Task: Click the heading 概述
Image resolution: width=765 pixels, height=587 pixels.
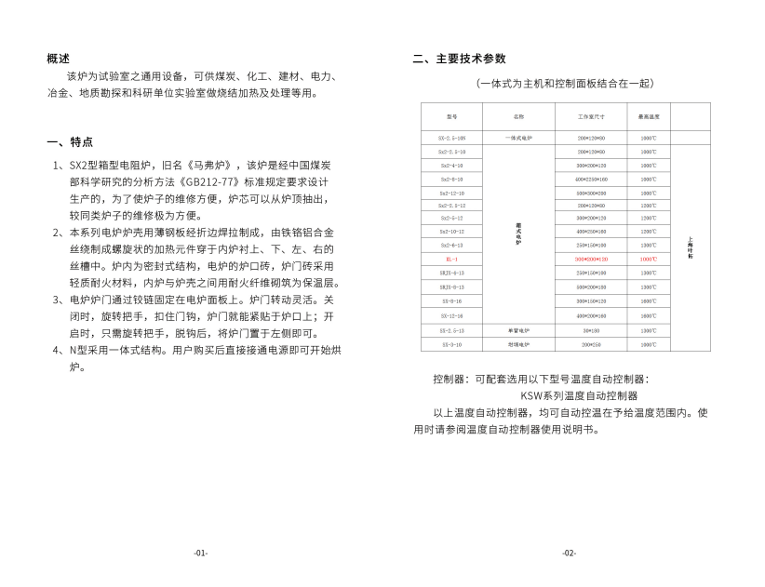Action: (x=58, y=59)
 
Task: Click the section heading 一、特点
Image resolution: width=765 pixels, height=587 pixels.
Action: (x=70, y=142)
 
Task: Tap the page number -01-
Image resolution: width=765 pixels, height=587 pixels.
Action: (x=200, y=553)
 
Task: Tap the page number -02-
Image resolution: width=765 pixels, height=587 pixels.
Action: (x=569, y=553)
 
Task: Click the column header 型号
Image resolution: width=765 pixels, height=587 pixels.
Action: (x=451, y=118)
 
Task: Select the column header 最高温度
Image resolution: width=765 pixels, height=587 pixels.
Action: (x=649, y=118)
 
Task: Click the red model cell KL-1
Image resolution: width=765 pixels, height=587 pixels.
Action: (x=451, y=259)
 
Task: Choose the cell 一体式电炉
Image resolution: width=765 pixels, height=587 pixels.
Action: (x=518, y=138)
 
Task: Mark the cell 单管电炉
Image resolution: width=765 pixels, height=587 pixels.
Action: (x=518, y=330)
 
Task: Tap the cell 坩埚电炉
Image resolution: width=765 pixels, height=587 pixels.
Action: (x=518, y=343)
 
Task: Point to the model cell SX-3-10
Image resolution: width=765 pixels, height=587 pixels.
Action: (x=451, y=343)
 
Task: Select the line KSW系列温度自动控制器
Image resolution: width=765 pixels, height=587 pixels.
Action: (x=579, y=395)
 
